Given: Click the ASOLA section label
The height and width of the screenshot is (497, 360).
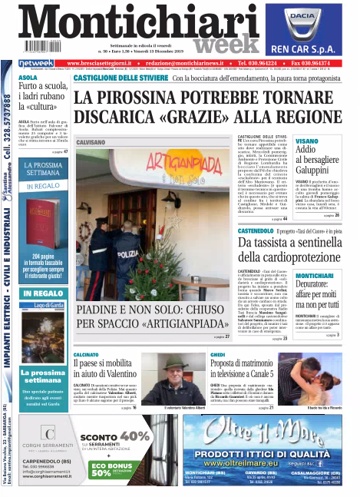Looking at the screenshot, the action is coord(28,78).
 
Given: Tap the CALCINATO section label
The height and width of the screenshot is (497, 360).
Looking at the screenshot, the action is coord(88,356).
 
